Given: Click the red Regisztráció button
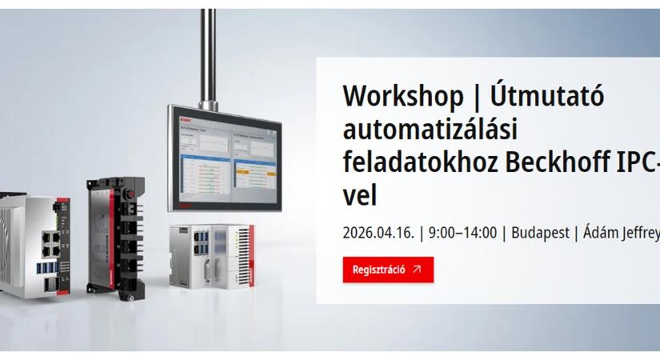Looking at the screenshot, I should [x=388, y=270].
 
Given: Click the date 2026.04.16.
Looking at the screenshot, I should [x=378, y=233].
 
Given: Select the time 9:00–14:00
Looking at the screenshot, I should [x=462, y=233].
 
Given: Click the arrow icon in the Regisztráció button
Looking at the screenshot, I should [x=417, y=270].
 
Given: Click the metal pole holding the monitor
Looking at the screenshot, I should [x=208, y=56].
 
